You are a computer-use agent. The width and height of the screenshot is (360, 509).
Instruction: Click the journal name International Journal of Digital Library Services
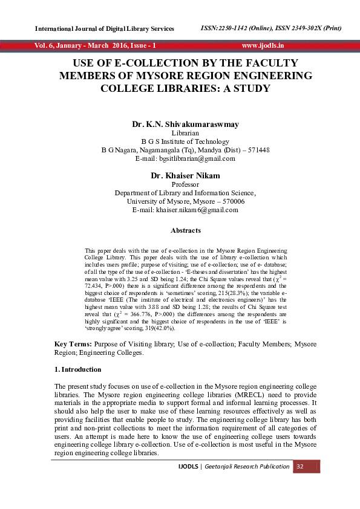click(105, 29)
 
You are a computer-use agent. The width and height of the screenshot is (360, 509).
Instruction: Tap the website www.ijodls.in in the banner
click(263, 45)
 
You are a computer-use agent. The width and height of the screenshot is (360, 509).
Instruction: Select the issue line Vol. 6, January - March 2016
click(95, 45)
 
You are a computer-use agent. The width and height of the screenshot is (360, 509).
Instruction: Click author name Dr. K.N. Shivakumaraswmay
click(185, 124)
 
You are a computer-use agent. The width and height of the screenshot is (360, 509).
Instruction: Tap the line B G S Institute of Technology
click(185, 141)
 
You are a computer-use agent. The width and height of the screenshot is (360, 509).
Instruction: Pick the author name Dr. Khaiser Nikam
click(185, 175)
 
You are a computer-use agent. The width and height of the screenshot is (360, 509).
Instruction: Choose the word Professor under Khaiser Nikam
click(185, 184)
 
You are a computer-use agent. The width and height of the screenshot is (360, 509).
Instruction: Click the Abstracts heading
click(185, 230)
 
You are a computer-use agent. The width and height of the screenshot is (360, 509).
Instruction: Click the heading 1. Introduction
click(77, 369)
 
